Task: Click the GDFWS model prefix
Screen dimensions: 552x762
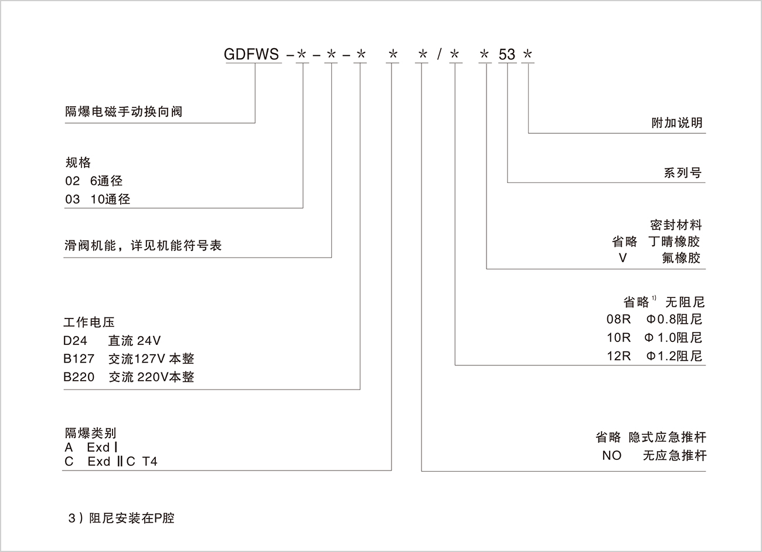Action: tap(251, 55)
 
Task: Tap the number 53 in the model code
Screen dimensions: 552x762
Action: tap(507, 55)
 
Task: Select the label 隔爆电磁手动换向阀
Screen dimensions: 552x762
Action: tap(124, 111)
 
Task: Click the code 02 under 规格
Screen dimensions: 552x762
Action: tap(73, 181)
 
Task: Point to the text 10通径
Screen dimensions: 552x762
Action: tap(110, 199)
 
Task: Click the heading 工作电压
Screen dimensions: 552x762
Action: tap(89, 322)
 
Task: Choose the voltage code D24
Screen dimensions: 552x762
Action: tap(76, 340)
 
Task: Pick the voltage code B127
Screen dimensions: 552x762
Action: tap(79, 359)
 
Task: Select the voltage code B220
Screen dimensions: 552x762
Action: tap(79, 377)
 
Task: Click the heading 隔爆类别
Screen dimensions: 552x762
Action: tap(90, 434)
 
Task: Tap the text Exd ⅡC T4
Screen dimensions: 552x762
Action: tap(123, 462)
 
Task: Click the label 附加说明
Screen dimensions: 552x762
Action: tap(677, 123)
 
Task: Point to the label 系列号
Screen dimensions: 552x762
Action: tap(683, 173)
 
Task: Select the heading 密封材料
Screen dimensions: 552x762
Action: tap(676, 225)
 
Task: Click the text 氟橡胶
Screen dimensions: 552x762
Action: tap(681, 258)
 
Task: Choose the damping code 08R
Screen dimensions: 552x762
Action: tap(619, 320)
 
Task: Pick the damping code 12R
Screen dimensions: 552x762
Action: tap(619, 356)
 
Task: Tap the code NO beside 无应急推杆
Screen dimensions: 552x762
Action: tap(611, 456)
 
